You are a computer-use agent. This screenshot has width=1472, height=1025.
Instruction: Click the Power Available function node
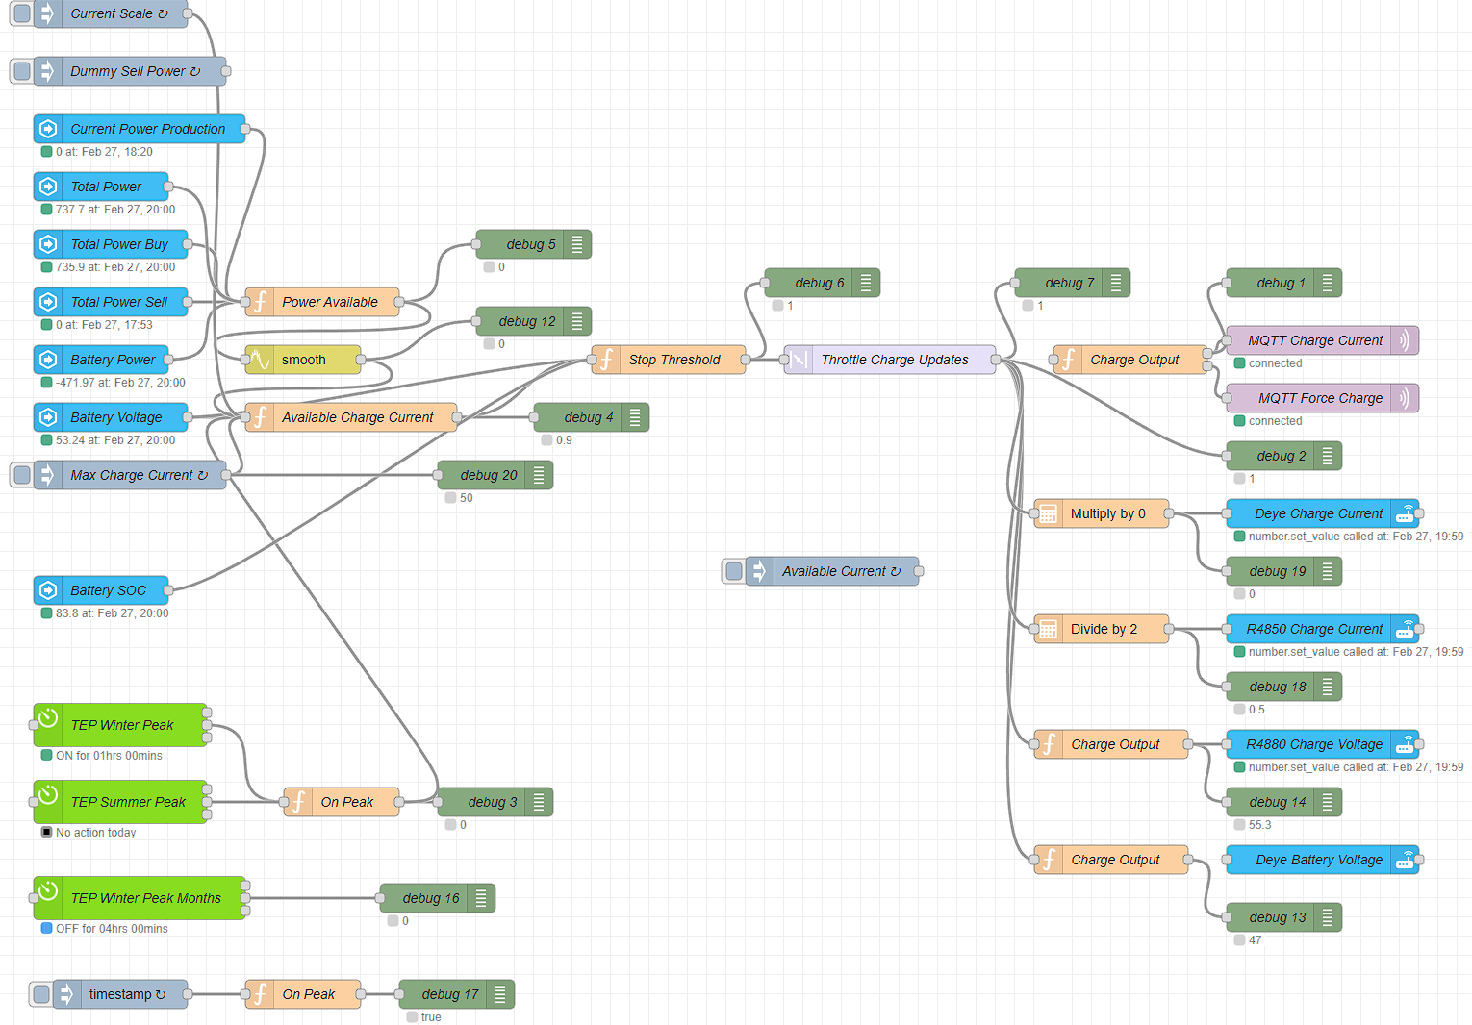point(322,302)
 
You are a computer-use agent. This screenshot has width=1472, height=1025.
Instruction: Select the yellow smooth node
point(303,360)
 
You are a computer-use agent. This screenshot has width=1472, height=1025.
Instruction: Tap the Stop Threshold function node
point(669,360)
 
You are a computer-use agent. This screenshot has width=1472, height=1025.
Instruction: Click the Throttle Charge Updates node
point(890,360)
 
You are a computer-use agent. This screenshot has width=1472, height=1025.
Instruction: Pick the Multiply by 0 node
point(1102,513)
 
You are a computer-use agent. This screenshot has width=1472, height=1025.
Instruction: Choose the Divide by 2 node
point(1102,629)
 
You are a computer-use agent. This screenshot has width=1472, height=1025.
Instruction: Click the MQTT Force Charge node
point(1322,398)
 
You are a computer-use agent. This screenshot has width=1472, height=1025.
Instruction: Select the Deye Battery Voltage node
point(1322,860)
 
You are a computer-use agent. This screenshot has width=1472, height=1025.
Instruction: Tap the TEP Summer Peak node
point(120,802)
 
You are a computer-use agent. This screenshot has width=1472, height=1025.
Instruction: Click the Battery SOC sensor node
point(101,590)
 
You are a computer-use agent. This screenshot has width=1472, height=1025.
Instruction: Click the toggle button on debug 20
point(539,475)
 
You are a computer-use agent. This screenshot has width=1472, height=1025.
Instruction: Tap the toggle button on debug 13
point(1328,917)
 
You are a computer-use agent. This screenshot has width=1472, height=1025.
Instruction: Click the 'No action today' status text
point(96,832)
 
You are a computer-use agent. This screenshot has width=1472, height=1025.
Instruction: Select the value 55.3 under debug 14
point(1259,825)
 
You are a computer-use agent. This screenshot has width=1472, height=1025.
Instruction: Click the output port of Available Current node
point(919,571)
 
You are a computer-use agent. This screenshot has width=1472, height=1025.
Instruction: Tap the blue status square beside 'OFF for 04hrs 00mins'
point(46,929)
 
